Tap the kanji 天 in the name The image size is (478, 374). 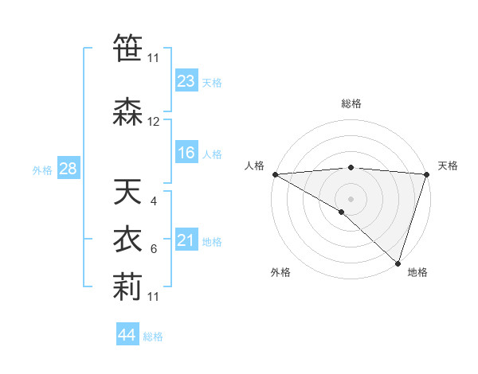click(127, 193)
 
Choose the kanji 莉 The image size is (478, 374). click(127, 289)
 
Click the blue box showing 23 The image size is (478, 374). click(186, 81)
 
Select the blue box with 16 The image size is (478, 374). click(186, 154)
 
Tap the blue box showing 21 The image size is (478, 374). click(186, 241)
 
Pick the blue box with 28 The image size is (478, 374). click(68, 169)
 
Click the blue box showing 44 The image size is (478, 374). click(127, 335)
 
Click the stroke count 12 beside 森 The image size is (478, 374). click(154, 122)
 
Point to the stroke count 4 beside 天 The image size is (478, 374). click(154, 201)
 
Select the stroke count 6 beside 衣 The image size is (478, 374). click(154, 249)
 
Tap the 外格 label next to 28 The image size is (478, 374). click(42, 169)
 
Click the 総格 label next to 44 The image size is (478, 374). click(153, 336)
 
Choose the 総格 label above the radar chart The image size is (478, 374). click(351, 104)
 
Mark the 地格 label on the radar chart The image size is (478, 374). click(417, 273)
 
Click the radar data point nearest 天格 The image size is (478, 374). click(426, 174)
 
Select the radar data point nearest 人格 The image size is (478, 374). click(275, 174)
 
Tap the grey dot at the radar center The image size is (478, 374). click(351, 197)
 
